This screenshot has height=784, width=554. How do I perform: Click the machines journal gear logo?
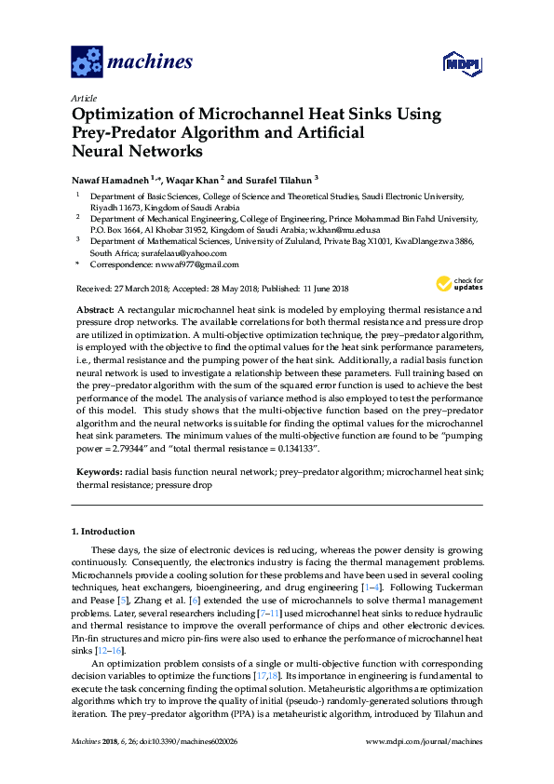[87, 62]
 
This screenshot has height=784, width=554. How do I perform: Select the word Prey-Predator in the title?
[124, 132]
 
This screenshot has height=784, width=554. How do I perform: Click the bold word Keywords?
[97, 472]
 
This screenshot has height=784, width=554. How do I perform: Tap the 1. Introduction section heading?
[103, 532]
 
